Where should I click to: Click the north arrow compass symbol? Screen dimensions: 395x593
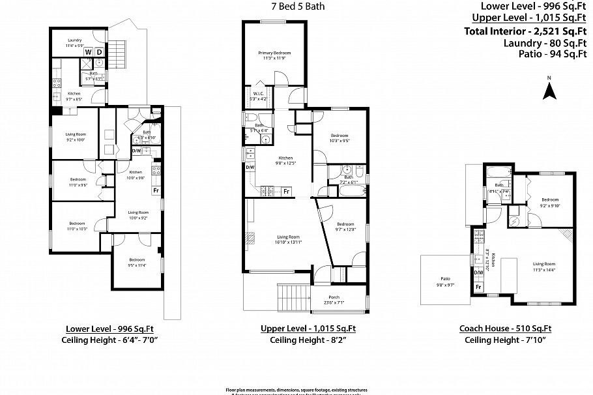[549, 89]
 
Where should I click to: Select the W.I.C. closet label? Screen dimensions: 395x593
[257, 96]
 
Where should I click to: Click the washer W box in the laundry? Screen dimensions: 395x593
[87, 52]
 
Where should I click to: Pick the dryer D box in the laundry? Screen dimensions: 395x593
[99, 52]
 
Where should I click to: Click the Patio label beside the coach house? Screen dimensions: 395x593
[445, 282]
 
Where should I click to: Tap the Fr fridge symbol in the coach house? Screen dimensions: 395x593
[478, 287]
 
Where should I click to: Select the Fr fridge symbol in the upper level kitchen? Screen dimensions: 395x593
[286, 191]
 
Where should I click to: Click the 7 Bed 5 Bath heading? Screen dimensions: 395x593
[298, 7]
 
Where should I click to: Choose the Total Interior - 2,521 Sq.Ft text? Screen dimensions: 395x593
[526, 31]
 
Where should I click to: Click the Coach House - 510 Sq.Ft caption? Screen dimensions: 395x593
[509, 329]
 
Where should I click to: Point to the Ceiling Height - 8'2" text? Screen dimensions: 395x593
[298, 340]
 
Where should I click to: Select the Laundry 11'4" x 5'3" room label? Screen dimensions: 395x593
[74, 43]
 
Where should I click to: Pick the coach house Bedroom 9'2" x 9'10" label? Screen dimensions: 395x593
[551, 203]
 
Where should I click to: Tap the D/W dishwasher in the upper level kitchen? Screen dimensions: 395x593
[250, 167]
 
